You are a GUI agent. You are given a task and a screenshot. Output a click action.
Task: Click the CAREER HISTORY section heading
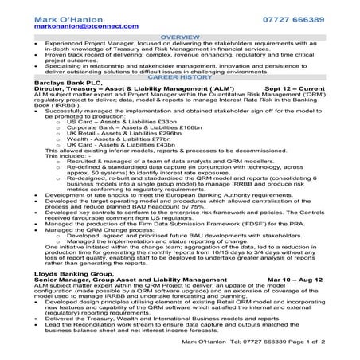[179, 76]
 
